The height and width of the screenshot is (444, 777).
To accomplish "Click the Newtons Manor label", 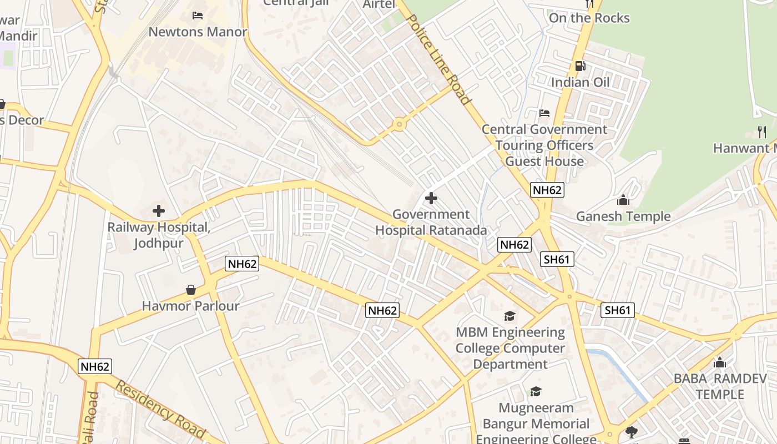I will click(x=198, y=32).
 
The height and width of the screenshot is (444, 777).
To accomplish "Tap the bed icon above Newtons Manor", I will click(x=198, y=15).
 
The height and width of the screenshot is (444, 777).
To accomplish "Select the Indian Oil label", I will click(x=580, y=83).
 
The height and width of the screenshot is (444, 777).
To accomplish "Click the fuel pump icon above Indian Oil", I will click(x=580, y=66).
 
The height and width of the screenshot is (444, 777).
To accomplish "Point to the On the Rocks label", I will click(x=589, y=18).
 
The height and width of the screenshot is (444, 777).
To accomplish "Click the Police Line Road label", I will click(x=439, y=59).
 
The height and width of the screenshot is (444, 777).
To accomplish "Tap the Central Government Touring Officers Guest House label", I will click(x=544, y=145).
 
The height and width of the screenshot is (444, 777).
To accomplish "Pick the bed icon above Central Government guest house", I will click(x=544, y=113).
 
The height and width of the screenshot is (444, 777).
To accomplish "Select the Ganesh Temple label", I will click(x=623, y=216).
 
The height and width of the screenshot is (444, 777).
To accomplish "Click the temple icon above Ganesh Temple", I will click(x=623, y=200).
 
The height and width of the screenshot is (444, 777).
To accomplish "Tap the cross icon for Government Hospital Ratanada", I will click(x=431, y=198).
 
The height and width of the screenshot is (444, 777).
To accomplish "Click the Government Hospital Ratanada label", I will click(x=431, y=222).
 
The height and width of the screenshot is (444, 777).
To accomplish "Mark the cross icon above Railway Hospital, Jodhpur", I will click(x=159, y=211).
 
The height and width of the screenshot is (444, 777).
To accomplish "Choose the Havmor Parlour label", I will click(x=190, y=306).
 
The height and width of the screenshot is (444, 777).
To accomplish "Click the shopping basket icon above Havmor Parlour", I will click(x=191, y=290).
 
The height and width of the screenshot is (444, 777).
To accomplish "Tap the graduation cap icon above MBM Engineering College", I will click(x=509, y=316).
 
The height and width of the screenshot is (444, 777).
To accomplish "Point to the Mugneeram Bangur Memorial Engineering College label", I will click(x=536, y=423).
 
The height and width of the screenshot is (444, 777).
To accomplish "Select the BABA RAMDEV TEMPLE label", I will click(x=720, y=387).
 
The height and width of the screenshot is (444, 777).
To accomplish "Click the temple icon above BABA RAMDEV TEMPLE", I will click(x=720, y=363).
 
